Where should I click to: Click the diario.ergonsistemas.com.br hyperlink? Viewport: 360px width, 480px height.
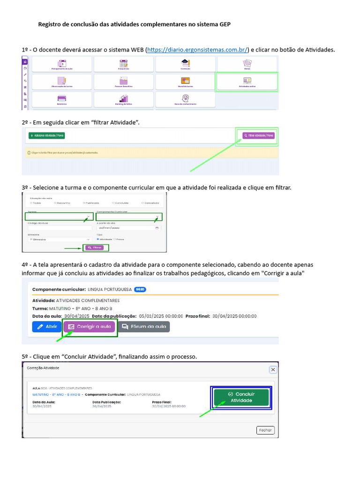coord(197,50)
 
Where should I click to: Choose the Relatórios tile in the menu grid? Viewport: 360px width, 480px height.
coord(62,99)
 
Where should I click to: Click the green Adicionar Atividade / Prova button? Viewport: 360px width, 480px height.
coord(46,135)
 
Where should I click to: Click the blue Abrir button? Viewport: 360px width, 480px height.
coord(47,327)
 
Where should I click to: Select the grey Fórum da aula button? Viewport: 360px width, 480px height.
coord(143,327)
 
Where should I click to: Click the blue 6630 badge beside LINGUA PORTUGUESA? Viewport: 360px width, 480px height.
coord(140,289)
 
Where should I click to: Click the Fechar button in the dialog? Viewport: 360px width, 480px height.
coord(265,430)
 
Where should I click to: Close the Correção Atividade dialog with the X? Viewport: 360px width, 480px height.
coord(273,369)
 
